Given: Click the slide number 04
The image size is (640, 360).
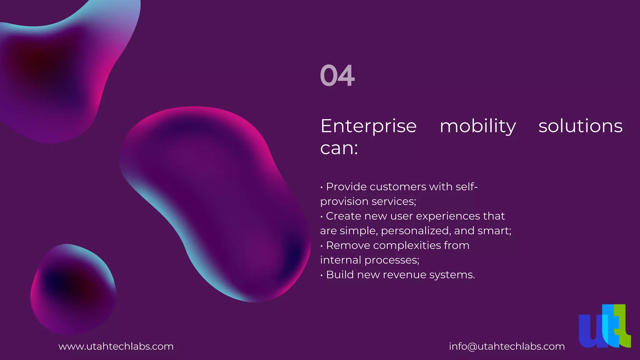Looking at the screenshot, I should point(337,76).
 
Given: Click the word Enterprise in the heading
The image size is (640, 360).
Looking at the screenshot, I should point(368,126).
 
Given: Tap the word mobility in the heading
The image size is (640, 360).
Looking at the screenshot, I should point(477,126).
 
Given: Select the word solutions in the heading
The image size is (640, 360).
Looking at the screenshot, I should point(580,126).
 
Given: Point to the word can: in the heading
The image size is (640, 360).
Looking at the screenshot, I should point(339,148).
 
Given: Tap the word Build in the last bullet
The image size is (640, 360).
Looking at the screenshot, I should point(340,275).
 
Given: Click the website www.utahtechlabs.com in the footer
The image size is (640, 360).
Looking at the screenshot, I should point(116,347).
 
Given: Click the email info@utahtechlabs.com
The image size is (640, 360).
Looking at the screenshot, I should point(507,347).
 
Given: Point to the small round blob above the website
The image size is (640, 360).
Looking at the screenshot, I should point(73,289).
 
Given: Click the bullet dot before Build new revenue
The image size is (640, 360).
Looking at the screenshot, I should point(322,275).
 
